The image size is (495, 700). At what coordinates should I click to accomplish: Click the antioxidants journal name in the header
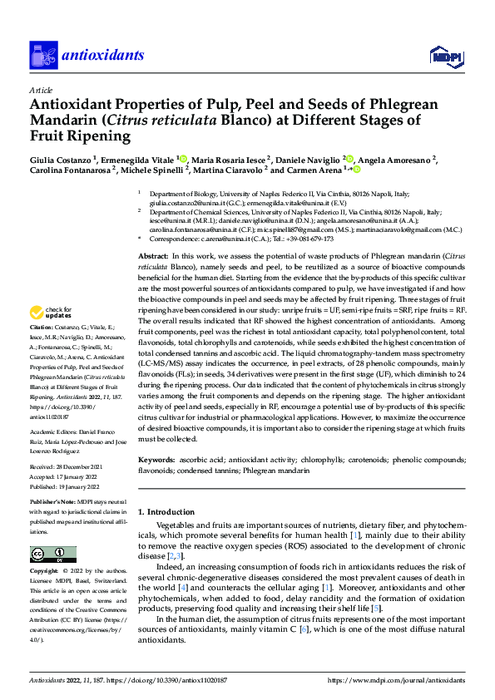[x=102, y=56]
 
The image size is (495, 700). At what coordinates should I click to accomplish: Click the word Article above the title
[x=40, y=90]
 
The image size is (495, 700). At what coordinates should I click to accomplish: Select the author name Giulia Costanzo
[x=62, y=159]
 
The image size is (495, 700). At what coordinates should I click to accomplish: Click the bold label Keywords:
[x=157, y=459]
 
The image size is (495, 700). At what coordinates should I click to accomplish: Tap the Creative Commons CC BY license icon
[x=53, y=555]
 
